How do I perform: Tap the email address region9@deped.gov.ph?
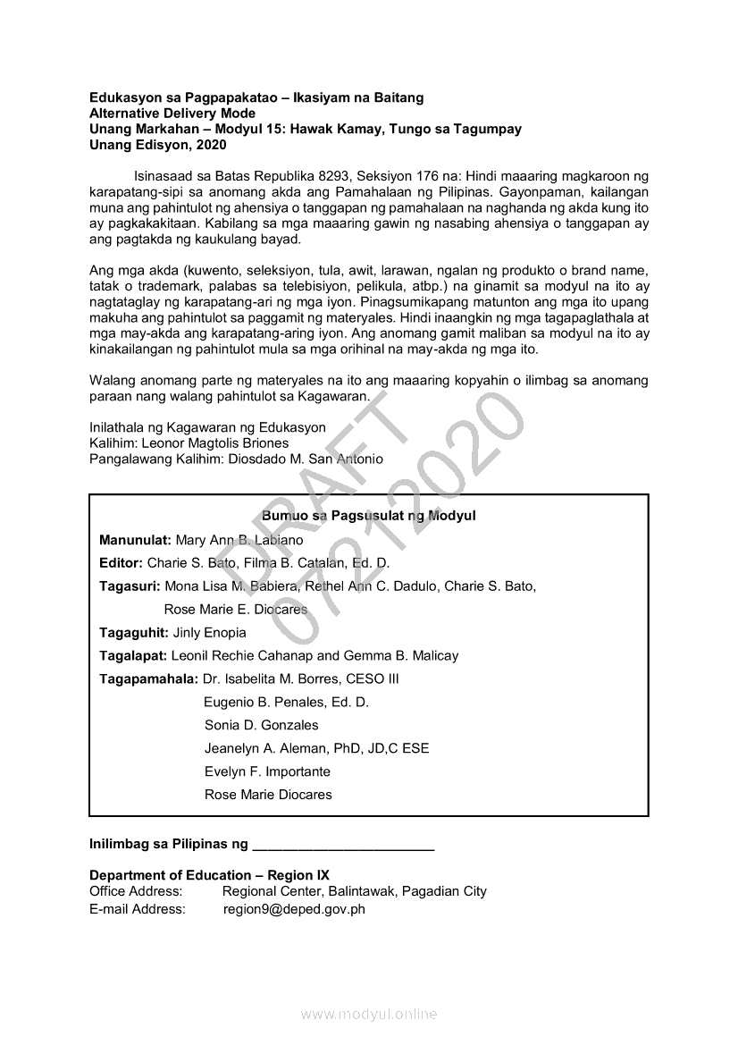point(294,909)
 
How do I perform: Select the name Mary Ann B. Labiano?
point(239,540)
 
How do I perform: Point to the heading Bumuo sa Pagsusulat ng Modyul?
point(368,516)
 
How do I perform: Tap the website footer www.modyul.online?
point(368,1014)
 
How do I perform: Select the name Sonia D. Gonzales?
point(261,725)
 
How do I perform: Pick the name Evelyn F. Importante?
point(267,771)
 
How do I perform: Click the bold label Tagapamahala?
point(149,678)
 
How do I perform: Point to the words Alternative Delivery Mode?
point(172,113)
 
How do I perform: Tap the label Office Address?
point(136,891)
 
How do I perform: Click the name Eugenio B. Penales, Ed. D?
point(286,702)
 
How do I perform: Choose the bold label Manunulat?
point(136,540)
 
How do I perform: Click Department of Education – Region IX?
point(209,875)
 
